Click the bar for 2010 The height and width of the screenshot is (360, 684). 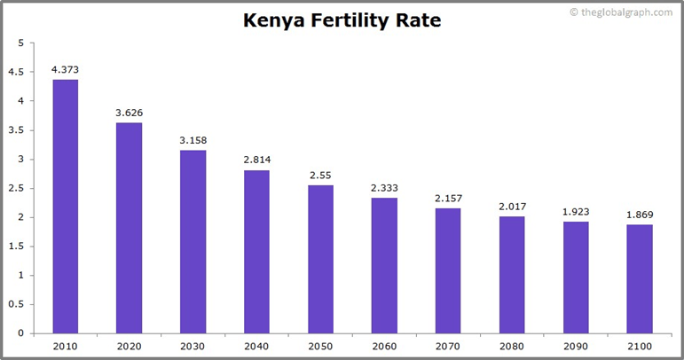coord(65,207)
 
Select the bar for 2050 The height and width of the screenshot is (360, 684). coord(320,259)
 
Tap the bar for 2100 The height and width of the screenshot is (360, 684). coord(640,278)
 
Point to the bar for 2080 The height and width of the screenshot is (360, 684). coord(512,274)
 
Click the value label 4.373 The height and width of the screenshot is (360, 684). coord(65,69)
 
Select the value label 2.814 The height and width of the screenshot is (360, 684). coord(256,160)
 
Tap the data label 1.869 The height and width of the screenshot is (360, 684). coord(640,215)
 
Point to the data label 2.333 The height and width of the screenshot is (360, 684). coord(384,187)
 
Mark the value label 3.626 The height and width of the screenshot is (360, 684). coord(129,113)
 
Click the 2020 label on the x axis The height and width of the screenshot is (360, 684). coord(129,346)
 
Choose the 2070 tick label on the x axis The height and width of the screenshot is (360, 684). coord(448,346)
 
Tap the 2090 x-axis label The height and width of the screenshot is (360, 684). coord(576,346)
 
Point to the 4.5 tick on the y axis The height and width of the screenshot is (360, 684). coord(17,73)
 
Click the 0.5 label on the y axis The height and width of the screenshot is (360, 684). coord(17,304)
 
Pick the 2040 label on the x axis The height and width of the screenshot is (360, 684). coord(256,346)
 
